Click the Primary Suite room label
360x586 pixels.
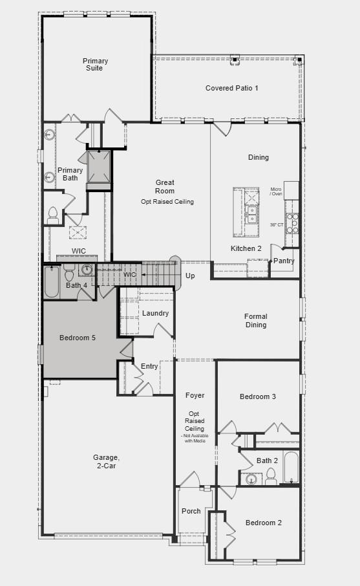click(x=95, y=65)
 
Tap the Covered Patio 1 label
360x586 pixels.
click(x=231, y=88)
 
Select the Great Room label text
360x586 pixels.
click(x=165, y=187)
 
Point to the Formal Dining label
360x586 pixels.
click(x=256, y=321)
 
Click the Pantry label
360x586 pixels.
click(x=284, y=261)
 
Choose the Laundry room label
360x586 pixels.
click(x=156, y=314)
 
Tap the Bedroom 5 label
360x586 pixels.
click(x=78, y=338)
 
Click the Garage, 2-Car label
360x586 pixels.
click(x=106, y=462)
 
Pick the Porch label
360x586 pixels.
click(x=191, y=512)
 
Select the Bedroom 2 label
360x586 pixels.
click(x=264, y=523)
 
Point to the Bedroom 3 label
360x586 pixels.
click(x=258, y=396)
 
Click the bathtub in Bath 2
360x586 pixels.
click(x=291, y=468)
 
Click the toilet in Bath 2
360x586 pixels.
click(x=270, y=477)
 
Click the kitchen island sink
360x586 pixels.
click(x=251, y=214)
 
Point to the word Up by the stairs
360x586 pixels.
click(x=190, y=276)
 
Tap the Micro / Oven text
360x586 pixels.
click(x=276, y=191)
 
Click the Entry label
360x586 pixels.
click(x=149, y=367)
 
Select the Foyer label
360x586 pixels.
click(x=195, y=395)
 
